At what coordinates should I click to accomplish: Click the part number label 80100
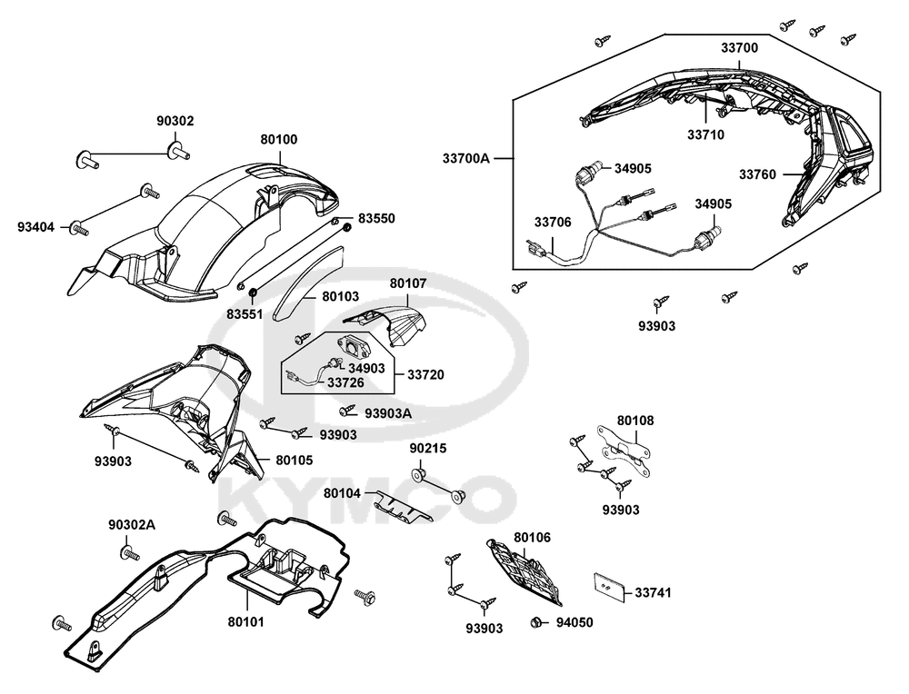(x=278, y=140)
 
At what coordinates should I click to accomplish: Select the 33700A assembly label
(x=466, y=158)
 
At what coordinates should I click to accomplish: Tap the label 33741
(x=653, y=593)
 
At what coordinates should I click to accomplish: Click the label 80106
(x=532, y=538)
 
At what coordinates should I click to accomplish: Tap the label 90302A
(x=132, y=525)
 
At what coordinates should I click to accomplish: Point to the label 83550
(x=376, y=219)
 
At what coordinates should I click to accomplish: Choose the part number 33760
(x=757, y=174)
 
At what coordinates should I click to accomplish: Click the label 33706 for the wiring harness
(x=553, y=222)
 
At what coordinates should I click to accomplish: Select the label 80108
(x=635, y=421)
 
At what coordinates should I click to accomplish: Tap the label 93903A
(x=388, y=412)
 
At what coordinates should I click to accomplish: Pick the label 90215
(x=428, y=449)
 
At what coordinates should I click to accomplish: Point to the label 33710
(x=705, y=134)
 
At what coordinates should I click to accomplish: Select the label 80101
(x=245, y=623)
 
